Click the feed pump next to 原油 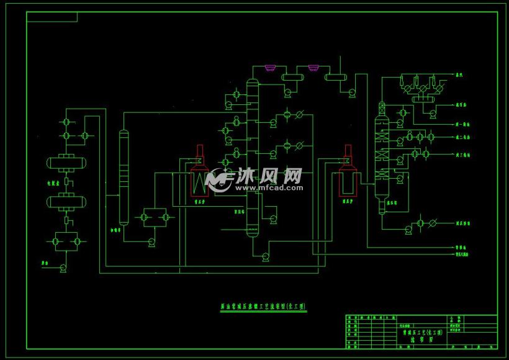(x=63, y=268)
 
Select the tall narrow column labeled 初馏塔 (x=123, y=177)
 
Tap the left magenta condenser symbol (x=270, y=67)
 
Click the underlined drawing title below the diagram (x=264, y=306)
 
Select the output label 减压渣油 (x=463, y=222)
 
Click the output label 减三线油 (x=463, y=154)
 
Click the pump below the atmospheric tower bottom (x=266, y=255)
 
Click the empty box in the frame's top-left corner (x=52, y=17)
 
